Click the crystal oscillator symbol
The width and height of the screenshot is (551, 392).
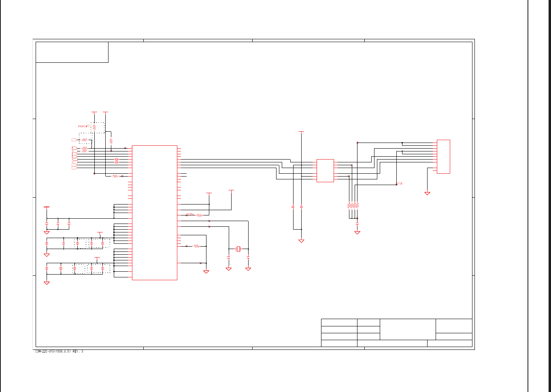238,249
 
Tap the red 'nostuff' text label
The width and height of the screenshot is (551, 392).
84,126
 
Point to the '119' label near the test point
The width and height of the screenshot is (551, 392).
400,183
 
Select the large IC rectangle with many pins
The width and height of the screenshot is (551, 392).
154,213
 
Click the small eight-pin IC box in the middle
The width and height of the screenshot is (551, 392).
325,170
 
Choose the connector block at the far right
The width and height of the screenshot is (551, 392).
443,157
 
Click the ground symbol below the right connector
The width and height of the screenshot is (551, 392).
427,194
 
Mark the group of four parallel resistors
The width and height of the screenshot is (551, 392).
353,206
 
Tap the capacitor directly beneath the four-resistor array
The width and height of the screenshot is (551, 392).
357,223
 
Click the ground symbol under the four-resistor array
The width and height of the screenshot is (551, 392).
357,232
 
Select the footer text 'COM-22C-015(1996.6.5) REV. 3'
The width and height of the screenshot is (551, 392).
59,352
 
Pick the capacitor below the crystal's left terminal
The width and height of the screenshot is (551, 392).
228,257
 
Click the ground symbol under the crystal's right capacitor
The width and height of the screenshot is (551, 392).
248,269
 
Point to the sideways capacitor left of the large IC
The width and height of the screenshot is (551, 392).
116,161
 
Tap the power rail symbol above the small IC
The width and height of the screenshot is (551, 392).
301,132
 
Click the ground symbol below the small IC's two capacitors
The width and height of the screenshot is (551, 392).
301,241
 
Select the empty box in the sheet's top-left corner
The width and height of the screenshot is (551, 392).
72,52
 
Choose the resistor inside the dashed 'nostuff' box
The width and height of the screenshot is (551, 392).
94,127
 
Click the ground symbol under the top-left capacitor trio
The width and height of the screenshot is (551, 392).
47,232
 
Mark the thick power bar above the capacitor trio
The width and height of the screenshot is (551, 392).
47,207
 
